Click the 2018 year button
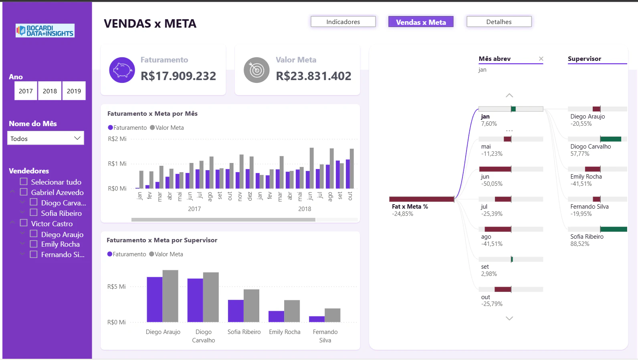[x=50, y=91]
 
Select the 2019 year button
[x=74, y=91]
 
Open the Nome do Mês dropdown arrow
[x=77, y=138]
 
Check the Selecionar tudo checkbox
[x=24, y=181]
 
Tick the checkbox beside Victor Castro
[x=24, y=223]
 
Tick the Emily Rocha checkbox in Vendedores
[x=34, y=244]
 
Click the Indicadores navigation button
[x=343, y=22]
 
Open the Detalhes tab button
[x=499, y=22]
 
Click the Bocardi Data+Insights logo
[x=45, y=30]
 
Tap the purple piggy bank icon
[x=122, y=70]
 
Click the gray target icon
[x=256, y=70]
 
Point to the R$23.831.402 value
[x=313, y=76]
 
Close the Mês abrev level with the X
[x=541, y=58]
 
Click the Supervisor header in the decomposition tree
[x=584, y=58]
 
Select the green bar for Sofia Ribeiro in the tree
[x=614, y=229]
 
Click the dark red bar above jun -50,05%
[x=495, y=169]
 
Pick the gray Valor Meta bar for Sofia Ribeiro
[x=252, y=306]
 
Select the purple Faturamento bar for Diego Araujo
[x=155, y=300]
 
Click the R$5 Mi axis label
[x=116, y=287]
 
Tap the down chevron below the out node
[x=509, y=318]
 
